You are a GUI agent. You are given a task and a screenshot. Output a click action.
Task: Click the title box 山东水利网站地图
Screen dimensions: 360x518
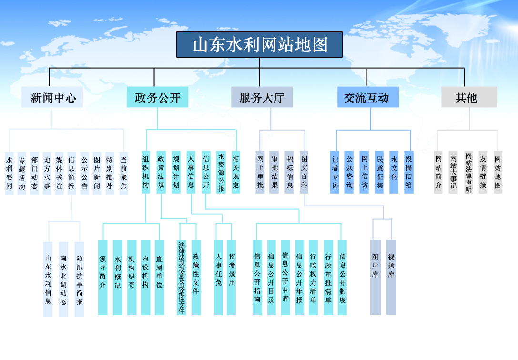(x=260, y=45)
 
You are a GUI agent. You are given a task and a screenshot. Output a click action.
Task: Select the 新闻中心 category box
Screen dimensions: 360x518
(x=52, y=98)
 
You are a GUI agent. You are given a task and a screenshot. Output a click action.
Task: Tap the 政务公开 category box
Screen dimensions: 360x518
(x=158, y=98)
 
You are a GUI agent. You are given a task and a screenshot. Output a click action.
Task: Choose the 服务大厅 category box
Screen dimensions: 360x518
(x=262, y=98)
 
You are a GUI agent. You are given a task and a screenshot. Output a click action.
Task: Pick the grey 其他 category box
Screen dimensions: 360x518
(x=466, y=98)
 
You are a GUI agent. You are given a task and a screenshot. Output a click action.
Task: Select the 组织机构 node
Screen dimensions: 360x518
(x=146, y=172)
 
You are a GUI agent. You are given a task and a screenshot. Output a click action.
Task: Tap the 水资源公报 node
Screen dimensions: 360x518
(x=221, y=172)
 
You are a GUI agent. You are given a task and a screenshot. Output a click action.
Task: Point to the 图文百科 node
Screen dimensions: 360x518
(x=304, y=172)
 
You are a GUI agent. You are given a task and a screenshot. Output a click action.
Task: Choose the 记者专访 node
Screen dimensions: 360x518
(x=335, y=172)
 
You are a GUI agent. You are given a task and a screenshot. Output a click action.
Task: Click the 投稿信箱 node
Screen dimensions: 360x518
(x=408, y=172)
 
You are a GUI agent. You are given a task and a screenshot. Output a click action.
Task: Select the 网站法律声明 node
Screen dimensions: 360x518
(x=468, y=172)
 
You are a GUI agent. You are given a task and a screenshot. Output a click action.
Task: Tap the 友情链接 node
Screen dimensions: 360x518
(x=483, y=172)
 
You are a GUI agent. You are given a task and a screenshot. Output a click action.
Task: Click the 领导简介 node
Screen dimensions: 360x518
(x=102, y=278)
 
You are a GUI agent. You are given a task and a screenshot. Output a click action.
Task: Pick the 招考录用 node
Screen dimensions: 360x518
(x=232, y=278)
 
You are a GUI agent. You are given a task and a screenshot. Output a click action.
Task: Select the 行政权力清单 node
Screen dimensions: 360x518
(x=313, y=278)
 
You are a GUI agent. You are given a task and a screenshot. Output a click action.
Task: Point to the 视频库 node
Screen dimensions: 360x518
(x=391, y=278)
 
